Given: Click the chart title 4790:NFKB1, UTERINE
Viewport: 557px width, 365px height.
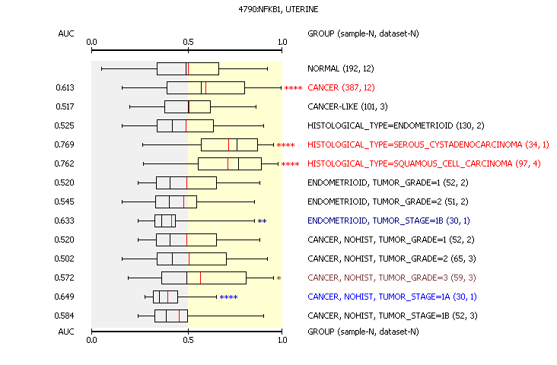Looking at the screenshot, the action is pyautogui.click(x=278, y=9).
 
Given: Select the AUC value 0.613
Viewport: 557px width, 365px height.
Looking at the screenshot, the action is pyautogui.click(x=65, y=87).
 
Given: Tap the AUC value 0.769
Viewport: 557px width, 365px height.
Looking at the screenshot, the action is pyautogui.click(x=64, y=144).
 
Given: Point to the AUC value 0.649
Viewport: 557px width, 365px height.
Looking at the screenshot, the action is pyautogui.click(x=64, y=297).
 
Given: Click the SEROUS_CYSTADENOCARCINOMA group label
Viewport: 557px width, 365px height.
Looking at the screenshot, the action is pyautogui.click(x=428, y=145).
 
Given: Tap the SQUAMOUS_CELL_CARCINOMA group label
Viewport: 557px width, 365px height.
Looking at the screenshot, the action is pyautogui.click(x=424, y=163).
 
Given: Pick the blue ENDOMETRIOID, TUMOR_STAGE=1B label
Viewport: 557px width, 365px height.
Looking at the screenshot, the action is pyautogui.click(x=389, y=221).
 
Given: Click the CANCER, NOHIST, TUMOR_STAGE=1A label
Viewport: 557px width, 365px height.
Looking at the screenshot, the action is pyautogui.click(x=392, y=297).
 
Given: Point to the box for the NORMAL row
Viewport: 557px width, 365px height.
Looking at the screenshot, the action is pyautogui.click(x=188, y=68).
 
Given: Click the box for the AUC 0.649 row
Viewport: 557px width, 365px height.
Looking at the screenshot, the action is pyautogui.click(x=166, y=297).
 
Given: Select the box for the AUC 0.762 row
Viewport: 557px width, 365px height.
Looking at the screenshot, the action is pyautogui.click(x=230, y=163).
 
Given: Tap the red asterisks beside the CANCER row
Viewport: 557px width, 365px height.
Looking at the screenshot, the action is pyautogui.click(x=294, y=88).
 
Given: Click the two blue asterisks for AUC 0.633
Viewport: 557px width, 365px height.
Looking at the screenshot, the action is pyautogui.click(x=263, y=221).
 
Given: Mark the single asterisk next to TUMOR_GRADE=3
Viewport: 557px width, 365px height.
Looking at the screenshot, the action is pyautogui.click(x=278, y=278).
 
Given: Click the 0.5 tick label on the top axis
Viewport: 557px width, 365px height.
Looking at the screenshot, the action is pyautogui.click(x=188, y=43).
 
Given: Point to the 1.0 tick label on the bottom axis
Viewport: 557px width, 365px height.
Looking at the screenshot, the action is pyautogui.click(x=282, y=340).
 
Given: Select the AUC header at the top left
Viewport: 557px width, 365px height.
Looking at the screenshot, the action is pyautogui.click(x=66, y=33).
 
